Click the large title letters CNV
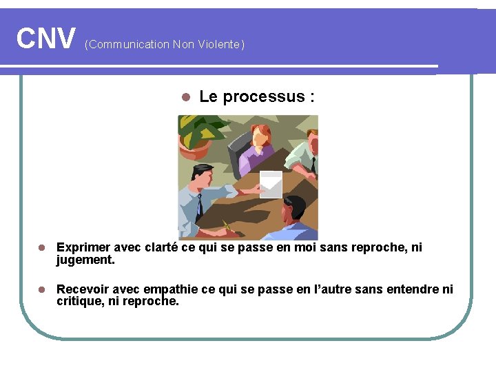[46, 39]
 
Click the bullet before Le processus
[184, 97]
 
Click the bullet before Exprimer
[42, 247]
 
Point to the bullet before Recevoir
[42, 289]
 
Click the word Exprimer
[84, 247]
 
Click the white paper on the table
[271, 184]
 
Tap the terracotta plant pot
[196, 147]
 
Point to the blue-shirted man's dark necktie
[199, 205]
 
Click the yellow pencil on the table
[227, 226]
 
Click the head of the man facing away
[294, 207]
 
